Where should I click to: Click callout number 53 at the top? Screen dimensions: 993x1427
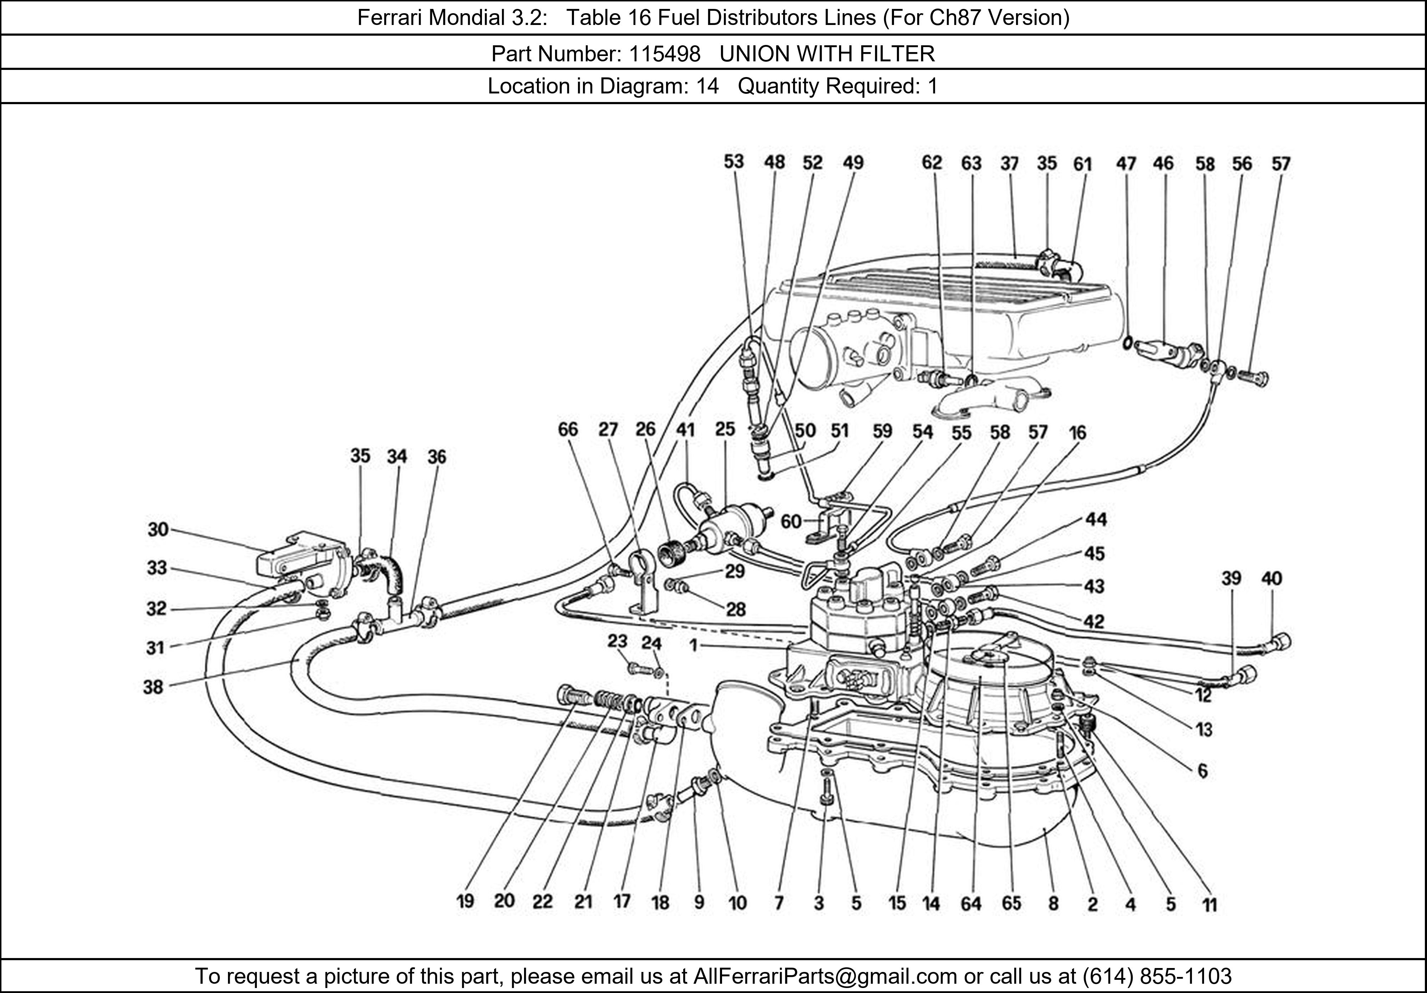click(733, 162)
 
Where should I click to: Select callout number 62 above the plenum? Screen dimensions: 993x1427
click(931, 163)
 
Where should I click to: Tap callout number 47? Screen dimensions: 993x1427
click(1126, 164)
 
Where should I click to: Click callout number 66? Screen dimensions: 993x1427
click(568, 430)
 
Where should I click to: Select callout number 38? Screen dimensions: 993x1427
click(153, 687)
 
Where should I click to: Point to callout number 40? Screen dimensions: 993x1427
click(1271, 579)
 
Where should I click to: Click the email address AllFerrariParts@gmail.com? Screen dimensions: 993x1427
click(825, 976)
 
